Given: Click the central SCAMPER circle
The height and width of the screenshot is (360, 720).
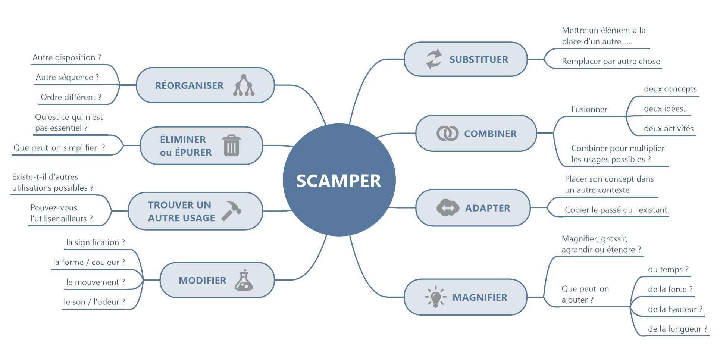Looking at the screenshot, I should coord(339,180).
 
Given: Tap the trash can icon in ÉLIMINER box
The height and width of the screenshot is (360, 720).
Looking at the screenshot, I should coord(231,145).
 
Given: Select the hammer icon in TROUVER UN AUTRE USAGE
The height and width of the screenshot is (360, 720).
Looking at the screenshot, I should coord(232,211).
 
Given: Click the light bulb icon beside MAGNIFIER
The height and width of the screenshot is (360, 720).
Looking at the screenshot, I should coord(435,297).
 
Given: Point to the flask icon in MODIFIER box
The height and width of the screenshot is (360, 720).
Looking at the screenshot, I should coord(244,281).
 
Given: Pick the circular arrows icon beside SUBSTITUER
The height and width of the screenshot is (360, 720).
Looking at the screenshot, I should coord(434,59).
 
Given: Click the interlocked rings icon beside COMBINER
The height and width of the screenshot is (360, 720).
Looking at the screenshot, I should coord(447,133).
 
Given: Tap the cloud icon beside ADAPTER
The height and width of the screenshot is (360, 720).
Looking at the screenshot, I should coord(448,208).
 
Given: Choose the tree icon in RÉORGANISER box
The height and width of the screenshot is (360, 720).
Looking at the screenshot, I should coord(244,85).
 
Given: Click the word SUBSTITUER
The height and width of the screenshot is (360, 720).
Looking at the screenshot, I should coord(479,60).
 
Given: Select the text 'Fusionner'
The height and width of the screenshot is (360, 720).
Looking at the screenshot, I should coord(589,109).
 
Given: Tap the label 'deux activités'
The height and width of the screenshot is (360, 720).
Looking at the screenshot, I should coord(669,129).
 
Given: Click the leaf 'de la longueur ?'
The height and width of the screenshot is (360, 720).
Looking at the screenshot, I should coord(677,329).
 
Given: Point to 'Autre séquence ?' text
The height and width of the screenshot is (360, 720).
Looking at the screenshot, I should coord(68,78).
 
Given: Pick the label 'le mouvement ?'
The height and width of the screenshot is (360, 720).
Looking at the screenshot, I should coord(96,282).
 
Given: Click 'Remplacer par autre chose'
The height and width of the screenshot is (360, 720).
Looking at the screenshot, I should coord(611,62).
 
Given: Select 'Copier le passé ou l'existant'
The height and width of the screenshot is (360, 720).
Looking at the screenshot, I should coord(616,210).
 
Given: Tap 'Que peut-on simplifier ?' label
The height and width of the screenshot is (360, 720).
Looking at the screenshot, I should coord(59,148).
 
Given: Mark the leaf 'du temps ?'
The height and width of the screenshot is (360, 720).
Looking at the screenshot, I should coord(668,270).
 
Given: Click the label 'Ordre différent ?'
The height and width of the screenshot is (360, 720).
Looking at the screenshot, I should coord(71,97).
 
